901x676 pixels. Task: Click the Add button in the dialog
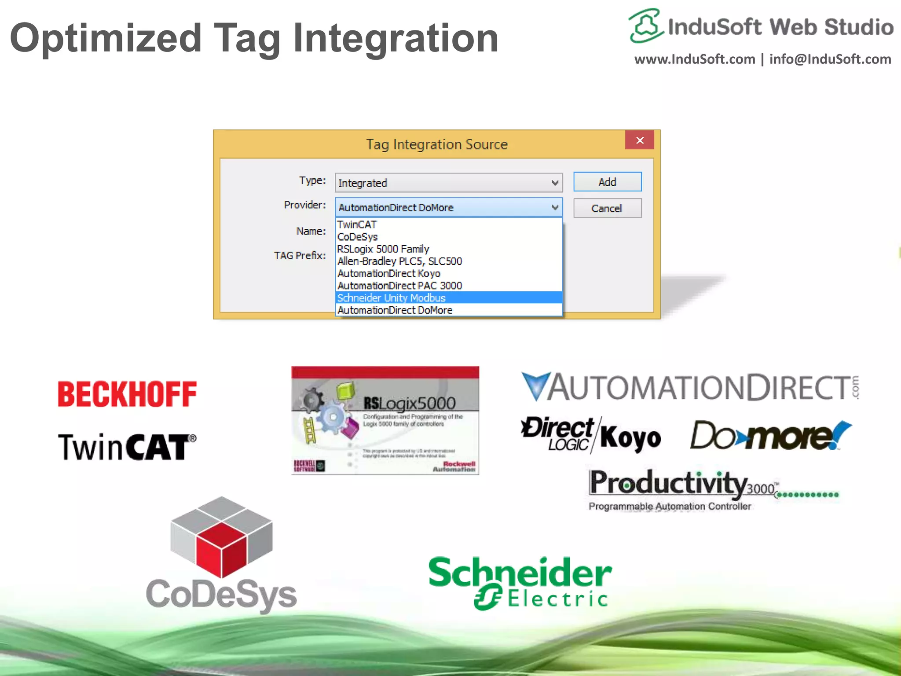[x=607, y=182]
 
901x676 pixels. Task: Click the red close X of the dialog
[x=640, y=140]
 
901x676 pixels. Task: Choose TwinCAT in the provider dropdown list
[x=357, y=224]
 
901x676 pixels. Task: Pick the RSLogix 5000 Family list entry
[x=383, y=249]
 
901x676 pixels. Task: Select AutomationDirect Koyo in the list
[x=388, y=274]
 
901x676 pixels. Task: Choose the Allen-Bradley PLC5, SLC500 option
[x=399, y=261]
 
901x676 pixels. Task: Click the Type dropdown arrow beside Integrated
[x=555, y=183]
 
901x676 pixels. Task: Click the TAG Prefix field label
[x=300, y=256]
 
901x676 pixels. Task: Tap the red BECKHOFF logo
[x=127, y=394]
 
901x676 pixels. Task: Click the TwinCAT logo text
[x=127, y=447]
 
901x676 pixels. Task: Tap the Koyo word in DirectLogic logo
[x=630, y=438]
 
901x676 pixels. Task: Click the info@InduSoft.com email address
[x=830, y=59]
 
